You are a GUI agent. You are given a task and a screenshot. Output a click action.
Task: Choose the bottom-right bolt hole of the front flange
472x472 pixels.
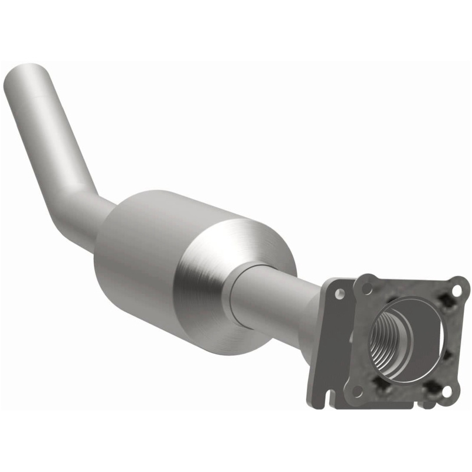click(447, 391)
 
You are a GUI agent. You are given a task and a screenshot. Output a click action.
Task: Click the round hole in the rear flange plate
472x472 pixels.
click(340, 293)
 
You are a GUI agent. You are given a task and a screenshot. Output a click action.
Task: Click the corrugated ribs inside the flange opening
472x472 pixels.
click(383, 342)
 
